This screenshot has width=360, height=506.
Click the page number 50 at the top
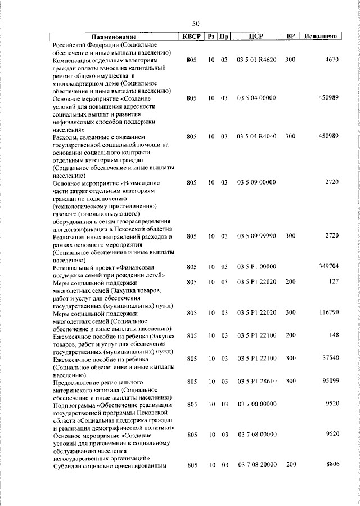tap(196, 24)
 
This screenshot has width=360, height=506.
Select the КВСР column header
tap(191, 37)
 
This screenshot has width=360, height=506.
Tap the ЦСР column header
tap(256, 37)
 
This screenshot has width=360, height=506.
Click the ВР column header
tap(291, 37)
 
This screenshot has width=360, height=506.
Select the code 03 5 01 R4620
tap(256, 59)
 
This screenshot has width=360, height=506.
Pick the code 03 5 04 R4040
tap(256, 136)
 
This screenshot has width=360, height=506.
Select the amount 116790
tap(327, 312)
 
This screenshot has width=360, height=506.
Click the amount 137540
tap(327, 359)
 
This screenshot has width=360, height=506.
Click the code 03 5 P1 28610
tap(256, 382)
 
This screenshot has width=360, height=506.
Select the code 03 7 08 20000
tap(256, 465)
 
